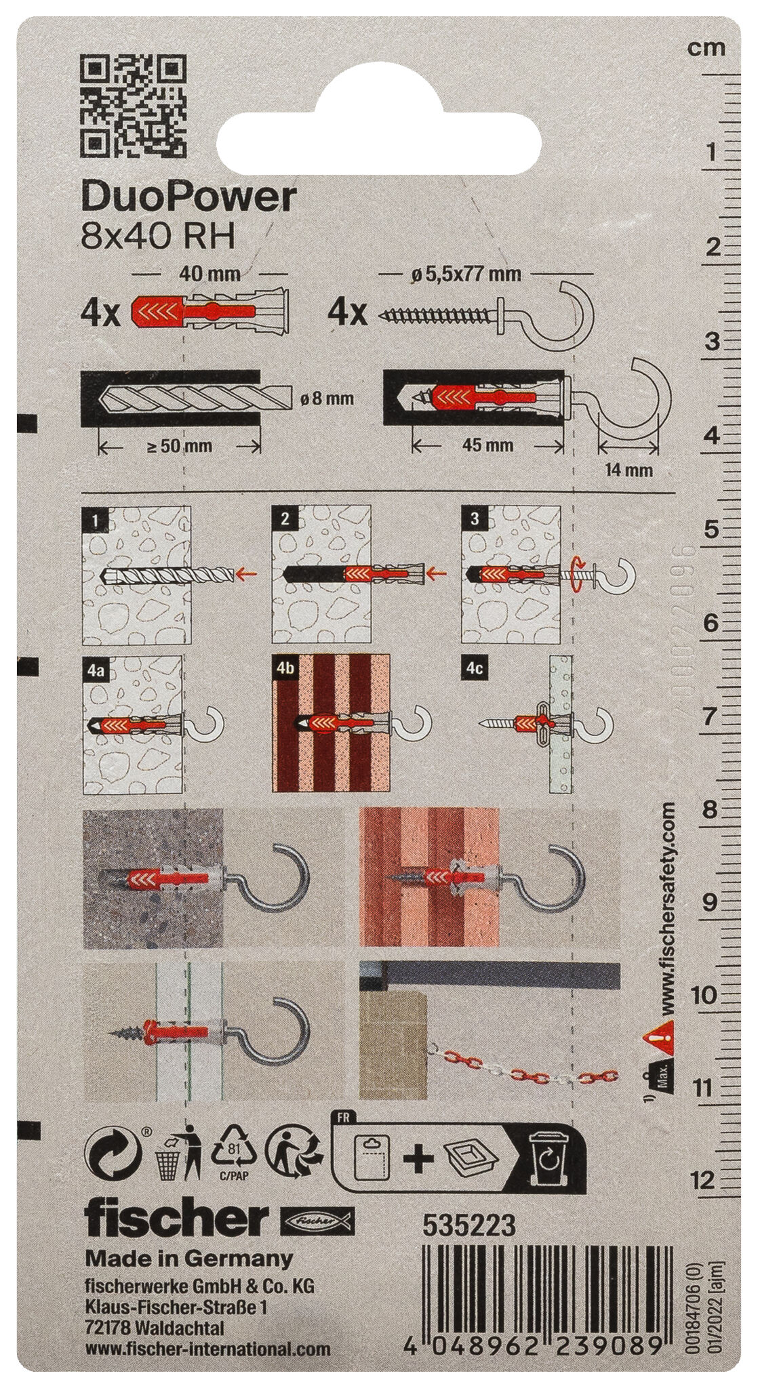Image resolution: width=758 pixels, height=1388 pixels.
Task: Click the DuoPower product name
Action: click(x=188, y=197)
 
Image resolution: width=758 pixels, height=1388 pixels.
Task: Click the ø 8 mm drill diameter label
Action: click(x=326, y=399)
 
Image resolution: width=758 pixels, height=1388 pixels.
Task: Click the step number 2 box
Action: click(x=284, y=519)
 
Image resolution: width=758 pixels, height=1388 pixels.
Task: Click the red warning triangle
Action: click(x=657, y=1037)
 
